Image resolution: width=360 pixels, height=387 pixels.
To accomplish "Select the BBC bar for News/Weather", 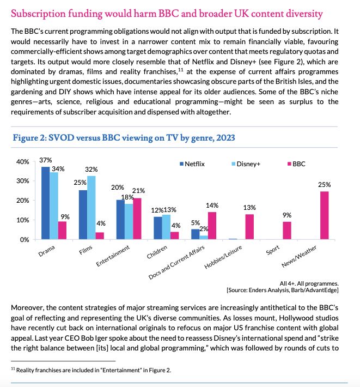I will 325,215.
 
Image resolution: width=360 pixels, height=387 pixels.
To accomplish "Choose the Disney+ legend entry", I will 246,164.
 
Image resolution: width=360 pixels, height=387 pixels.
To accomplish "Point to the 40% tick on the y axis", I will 22,162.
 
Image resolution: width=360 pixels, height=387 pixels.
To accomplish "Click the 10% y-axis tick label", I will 22,220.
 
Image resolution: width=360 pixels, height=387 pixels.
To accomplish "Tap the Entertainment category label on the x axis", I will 113,256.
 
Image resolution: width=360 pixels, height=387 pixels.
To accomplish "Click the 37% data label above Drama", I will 46,160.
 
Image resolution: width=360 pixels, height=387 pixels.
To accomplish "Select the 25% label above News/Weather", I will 325,185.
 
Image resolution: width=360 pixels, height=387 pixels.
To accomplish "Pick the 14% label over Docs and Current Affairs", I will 212,205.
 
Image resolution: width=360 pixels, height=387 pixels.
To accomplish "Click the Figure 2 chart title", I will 124,138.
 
